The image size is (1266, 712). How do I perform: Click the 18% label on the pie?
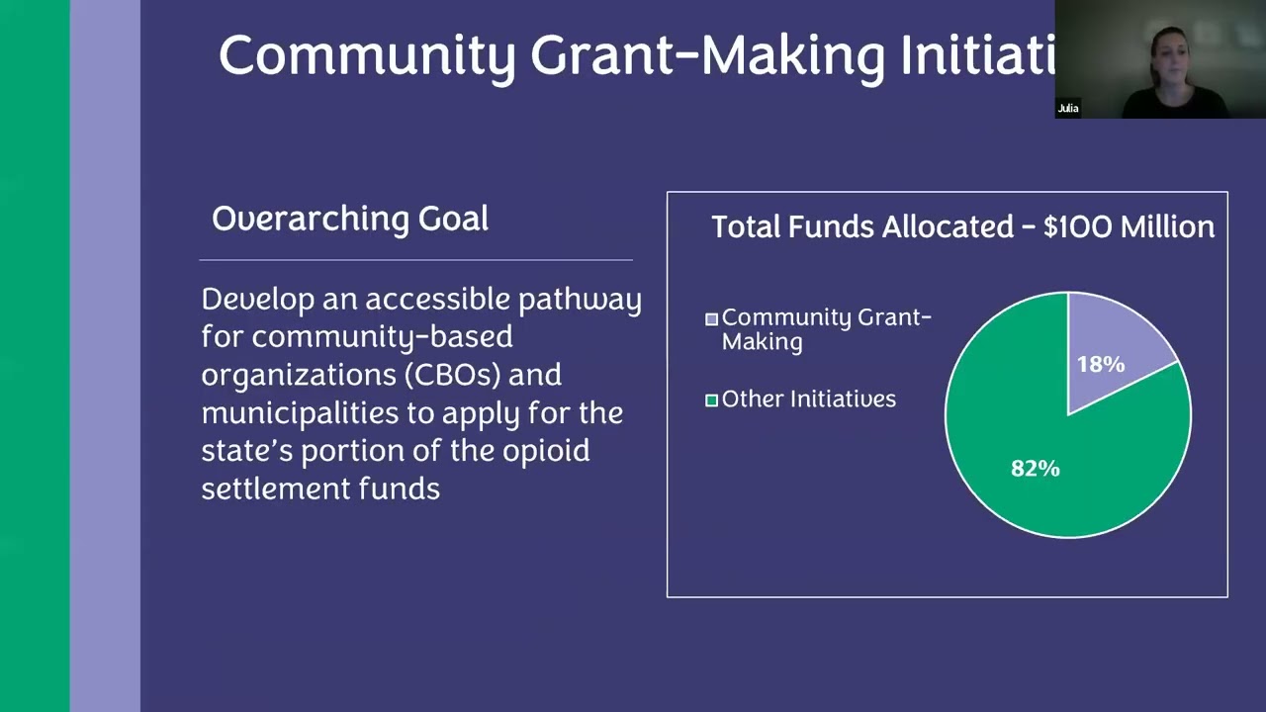point(1101,365)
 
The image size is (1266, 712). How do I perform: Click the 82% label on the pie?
point(1035,469)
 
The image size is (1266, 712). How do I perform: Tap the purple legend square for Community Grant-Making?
point(711,319)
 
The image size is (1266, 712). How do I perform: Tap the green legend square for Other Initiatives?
point(711,400)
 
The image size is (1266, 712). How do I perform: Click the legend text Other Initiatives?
point(808,400)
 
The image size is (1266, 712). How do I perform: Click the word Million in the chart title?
point(1167,227)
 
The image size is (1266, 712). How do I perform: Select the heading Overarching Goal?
point(350,219)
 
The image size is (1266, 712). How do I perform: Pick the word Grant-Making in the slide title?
point(707,55)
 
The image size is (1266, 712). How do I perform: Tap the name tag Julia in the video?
point(1068,108)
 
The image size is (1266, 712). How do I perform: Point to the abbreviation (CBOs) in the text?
point(452,375)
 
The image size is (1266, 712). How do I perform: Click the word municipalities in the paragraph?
point(296,412)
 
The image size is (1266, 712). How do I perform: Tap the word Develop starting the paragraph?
point(257,300)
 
